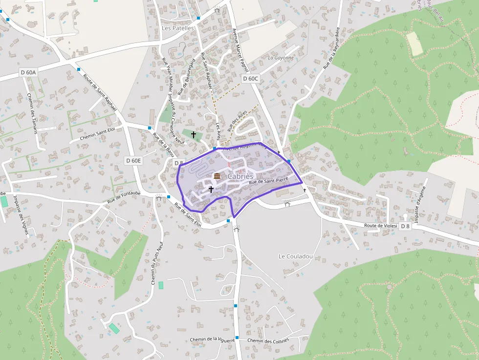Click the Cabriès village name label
click(240, 176)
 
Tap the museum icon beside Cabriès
click(217, 176)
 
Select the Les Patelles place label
click(177, 28)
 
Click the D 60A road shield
click(28, 72)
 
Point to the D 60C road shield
click(250, 78)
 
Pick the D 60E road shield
click(133, 160)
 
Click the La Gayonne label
click(281, 58)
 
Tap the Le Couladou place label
click(295, 256)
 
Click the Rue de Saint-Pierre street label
click(268, 182)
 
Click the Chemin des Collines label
click(268, 340)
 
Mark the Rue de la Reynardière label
click(332, 47)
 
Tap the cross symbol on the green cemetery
click(194, 134)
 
